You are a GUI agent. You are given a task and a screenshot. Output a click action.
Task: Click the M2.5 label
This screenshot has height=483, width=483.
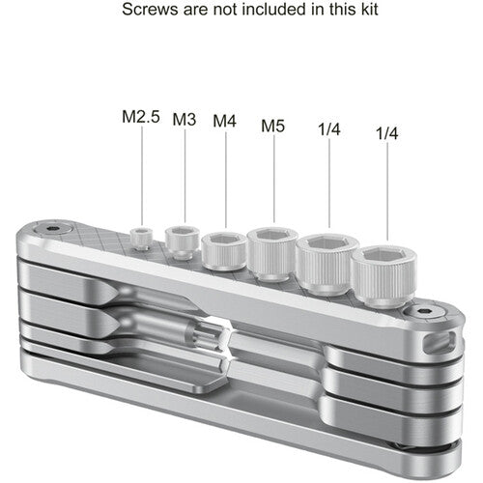[141, 117]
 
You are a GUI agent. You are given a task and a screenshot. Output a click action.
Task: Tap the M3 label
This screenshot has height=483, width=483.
[185, 120]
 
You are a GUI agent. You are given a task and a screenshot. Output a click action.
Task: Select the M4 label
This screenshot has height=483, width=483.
[225, 122]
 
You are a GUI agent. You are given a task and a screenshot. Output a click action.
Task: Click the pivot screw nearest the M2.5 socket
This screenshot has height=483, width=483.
[54, 230]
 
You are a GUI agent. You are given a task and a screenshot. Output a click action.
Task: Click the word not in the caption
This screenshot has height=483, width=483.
[215, 9]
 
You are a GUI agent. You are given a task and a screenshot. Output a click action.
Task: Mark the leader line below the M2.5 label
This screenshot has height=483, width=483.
[143, 179]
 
